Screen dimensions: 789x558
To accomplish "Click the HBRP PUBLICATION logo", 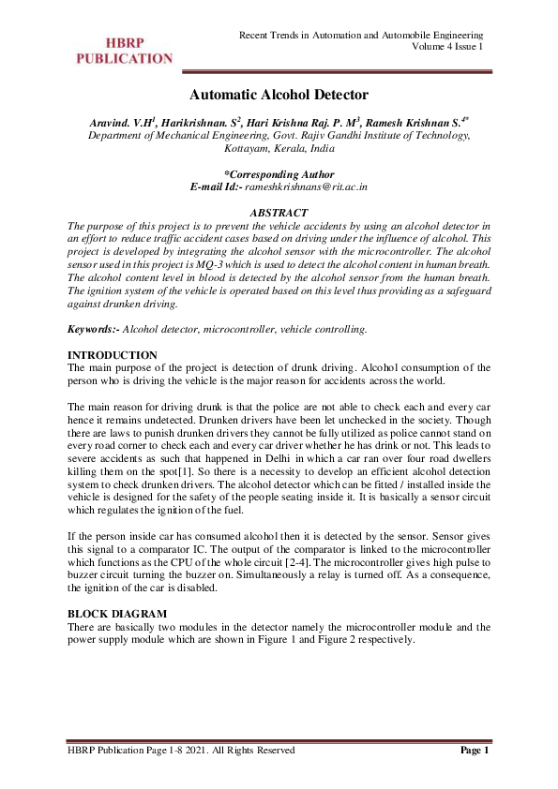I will point(124,51).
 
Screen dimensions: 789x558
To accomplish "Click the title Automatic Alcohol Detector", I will point(279,95).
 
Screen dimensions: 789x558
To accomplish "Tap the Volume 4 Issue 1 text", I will point(447,46).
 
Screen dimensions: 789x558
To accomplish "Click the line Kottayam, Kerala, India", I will point(279,148).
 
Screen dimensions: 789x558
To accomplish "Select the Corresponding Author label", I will point(279,174).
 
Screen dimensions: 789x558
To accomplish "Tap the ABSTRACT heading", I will point(279,213).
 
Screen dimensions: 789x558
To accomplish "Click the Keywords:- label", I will point(95,330).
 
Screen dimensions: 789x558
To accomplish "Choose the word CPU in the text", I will point(194,560).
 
